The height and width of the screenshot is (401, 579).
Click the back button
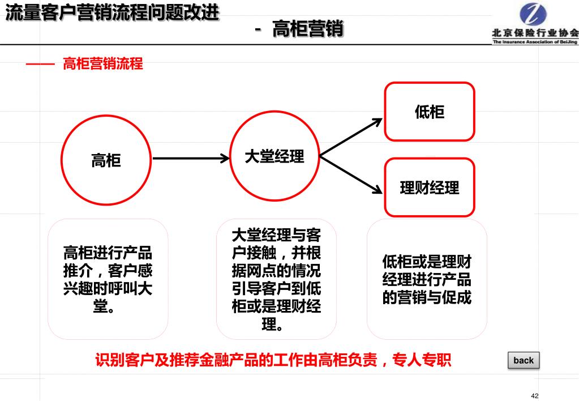[524, 360]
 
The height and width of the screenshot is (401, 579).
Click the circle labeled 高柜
[106, 160]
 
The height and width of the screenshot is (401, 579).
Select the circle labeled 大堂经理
[275, 156]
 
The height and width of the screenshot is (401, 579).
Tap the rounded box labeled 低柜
[430, 112]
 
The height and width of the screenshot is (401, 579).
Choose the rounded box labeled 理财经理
[430, 187]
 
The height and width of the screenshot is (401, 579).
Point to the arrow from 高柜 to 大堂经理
[190, 158]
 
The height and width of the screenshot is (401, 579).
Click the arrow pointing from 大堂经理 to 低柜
[351, 136]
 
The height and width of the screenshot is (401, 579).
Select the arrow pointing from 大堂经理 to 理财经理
[351, 174]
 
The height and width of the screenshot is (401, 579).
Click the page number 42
[535, 395]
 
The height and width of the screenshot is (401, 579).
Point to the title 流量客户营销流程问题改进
[112, 12]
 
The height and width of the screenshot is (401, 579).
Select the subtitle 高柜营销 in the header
[308, 28]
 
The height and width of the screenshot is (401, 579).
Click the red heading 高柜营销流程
[103, 63]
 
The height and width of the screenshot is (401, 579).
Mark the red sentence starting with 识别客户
[273, 360]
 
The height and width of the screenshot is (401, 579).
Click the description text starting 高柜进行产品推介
[108, 279]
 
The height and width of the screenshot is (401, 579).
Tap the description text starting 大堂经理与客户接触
[276, 279]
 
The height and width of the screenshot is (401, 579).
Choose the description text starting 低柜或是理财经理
[427, 279]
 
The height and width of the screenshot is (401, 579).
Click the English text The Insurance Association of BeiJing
[535, 42]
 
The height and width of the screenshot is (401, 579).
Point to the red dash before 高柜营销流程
[40, 64]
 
